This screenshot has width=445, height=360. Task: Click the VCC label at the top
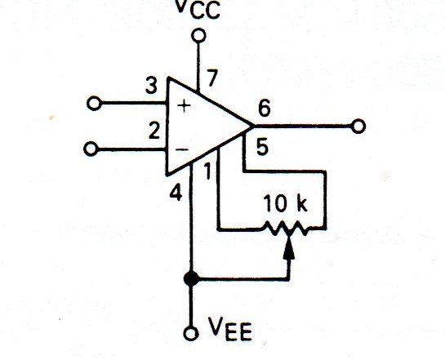point(198,9)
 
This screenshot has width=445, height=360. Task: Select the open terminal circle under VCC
point(198,36)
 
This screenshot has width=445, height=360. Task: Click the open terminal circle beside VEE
point(191,334)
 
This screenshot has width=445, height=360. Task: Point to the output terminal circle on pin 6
point(358,127)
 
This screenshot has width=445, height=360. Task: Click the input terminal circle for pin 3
point(94,103)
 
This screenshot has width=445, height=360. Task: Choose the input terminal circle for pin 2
point(91,149)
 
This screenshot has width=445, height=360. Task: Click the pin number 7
point(212,78)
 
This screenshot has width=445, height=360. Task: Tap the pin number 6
point(265,109)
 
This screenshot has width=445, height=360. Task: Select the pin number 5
point(262,147)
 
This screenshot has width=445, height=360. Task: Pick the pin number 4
point(176,193)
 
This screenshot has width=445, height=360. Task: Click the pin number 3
point(151,86)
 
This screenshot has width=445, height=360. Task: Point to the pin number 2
point(154,131)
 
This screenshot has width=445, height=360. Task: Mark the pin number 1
point(208,171)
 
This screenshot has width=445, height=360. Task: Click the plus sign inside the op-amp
point(185,106)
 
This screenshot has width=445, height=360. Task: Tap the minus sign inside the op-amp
point(181,149)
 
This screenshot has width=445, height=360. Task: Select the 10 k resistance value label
point(286,203)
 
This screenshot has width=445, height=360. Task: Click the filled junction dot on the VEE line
point(191,278)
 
